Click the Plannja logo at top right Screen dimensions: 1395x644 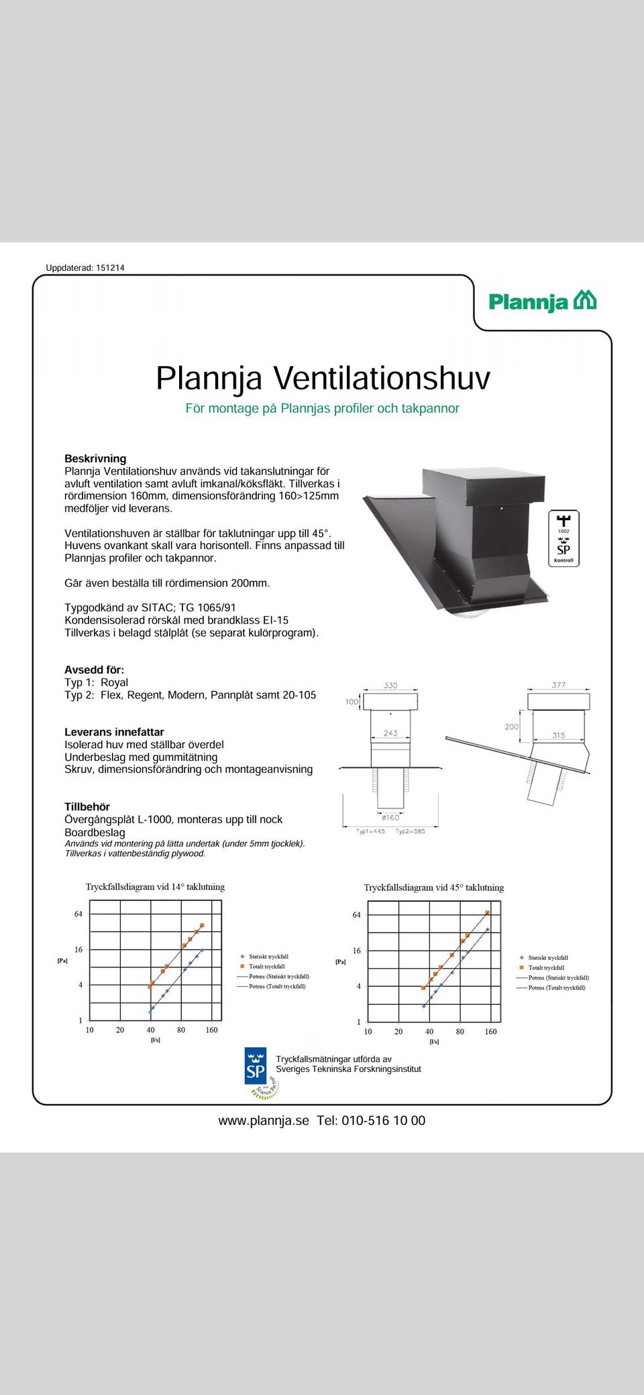pos(542,302)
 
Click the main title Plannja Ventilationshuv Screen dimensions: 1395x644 pos(323,378)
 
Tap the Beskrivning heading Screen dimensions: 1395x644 pos(95,459)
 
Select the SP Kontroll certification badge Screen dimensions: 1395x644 pos(563,539)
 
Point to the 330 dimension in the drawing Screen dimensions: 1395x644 pos(390,685)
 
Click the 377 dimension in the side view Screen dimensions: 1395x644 pos(559,684)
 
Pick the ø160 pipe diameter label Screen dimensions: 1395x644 pos(390,817)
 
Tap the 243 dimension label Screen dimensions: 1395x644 pos(390,733)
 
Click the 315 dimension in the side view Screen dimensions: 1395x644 pos(559,735)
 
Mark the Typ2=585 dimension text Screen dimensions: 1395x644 pos(411,831)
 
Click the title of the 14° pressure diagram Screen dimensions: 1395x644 pos(155,887)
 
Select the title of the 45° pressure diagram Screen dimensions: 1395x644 pos(433,888)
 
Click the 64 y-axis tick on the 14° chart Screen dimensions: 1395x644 pos(78,914)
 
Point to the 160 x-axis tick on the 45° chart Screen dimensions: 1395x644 pos(490,1032)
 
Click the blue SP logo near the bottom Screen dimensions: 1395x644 pos(256,1066)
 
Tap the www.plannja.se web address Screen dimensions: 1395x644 pos(264,1121)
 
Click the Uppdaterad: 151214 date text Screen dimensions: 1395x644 pos(85,267)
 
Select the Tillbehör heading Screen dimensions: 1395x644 pos(87,806)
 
